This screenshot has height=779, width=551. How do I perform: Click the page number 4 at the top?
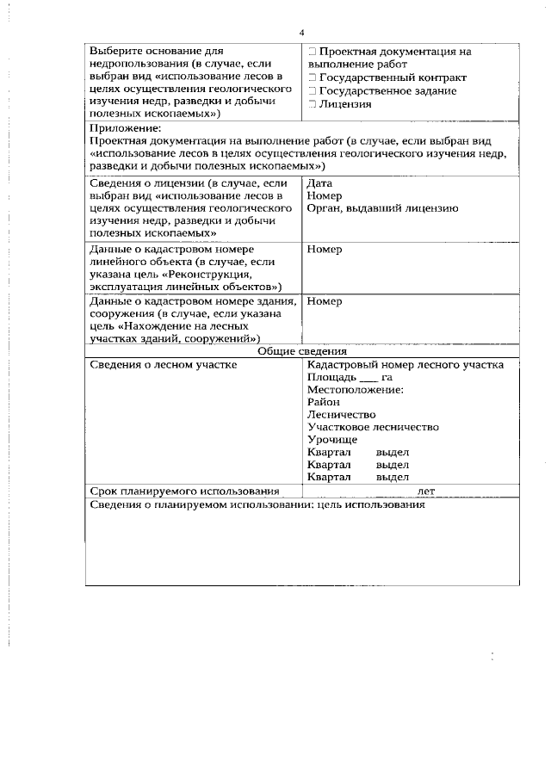coord(301,33)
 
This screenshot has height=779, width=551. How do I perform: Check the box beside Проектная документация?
coord(312,52)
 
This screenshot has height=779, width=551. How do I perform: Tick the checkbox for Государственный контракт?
coord(312,77)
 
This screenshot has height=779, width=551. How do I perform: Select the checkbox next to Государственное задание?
coord(312,90)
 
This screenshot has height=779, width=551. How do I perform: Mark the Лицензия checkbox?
coord(312,104)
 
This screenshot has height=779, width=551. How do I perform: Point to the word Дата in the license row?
coord(320,183)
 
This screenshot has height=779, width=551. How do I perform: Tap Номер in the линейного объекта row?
coord(325,250)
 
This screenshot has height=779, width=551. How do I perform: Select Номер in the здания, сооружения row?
coord(325,301)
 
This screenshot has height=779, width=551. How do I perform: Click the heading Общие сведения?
coord(302,351)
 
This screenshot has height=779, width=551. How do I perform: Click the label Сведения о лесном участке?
coord(164,364)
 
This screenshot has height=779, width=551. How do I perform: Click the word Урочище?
coord(331,439)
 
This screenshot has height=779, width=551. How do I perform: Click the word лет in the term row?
coord(425,491)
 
